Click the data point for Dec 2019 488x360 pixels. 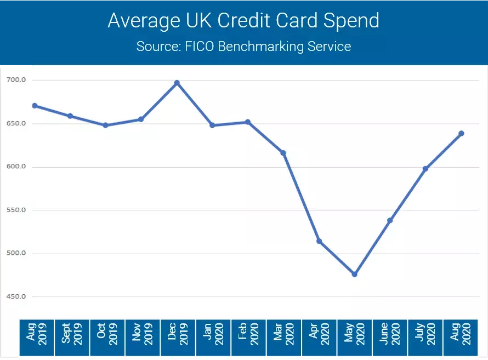coord(177,83)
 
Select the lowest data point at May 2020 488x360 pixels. coord(354,274)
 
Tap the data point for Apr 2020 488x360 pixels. coord(319,241)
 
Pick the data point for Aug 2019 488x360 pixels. coord(35,106)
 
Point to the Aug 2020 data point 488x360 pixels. coord(461,133)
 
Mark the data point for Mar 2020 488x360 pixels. coord(283,153)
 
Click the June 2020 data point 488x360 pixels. coord(390,220)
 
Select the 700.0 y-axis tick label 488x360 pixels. coord(16,80)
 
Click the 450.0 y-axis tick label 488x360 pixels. coord(16,296)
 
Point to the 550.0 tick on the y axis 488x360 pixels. coord(16,210)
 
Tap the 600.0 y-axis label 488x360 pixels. coord(16,167)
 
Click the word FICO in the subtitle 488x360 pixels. coord(198,46)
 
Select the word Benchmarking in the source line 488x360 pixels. coord(264,46)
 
